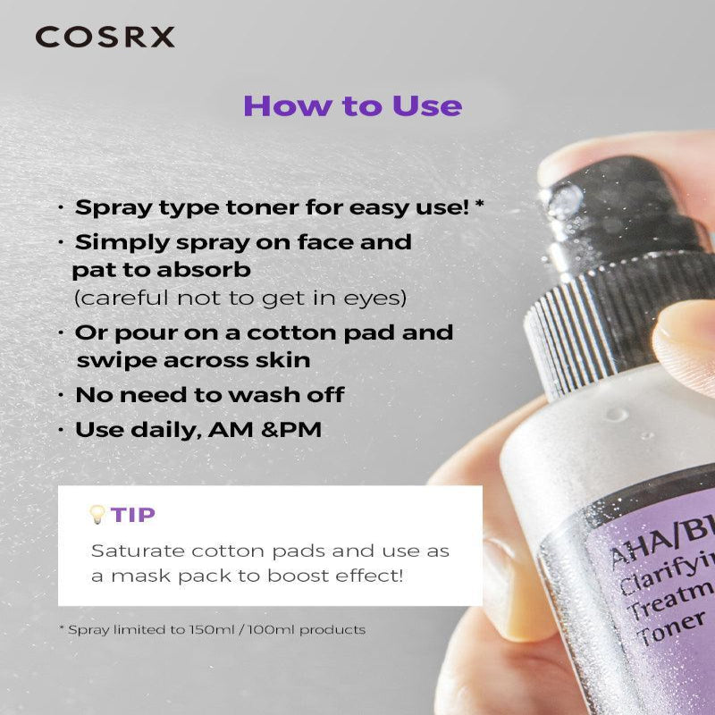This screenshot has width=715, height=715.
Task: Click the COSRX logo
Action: pyautogui.click(x=105, y=37)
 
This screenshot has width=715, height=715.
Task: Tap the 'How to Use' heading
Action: pyautogui.click(x=352, y=105)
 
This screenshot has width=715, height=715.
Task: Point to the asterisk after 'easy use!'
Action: pyautogui.click(x=480, y=205)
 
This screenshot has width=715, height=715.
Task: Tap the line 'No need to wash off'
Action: pyautogui.click(x=209, y=394)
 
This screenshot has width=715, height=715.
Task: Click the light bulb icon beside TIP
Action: pyautogui.click(x=97, y=514)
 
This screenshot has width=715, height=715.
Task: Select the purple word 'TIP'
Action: pyautogui.click(x=132, y=514)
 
